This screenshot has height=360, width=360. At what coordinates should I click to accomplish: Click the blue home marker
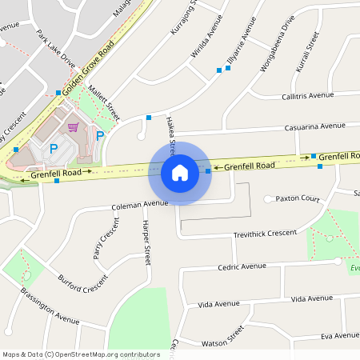click(180, 173)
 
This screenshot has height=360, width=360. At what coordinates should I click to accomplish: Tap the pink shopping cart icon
click(74, 127)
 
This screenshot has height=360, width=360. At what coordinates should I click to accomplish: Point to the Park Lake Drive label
click(55, 50)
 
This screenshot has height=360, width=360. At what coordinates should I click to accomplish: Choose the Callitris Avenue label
click(307, 95)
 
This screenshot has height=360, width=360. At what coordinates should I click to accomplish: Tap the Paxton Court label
click(298, 198)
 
